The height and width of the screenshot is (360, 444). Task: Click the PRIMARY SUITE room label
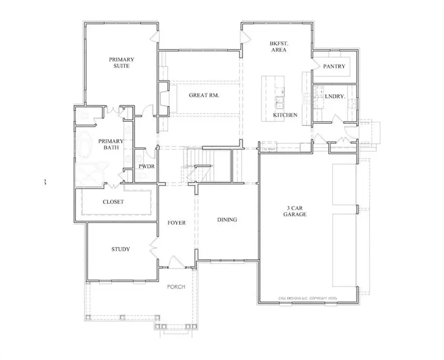coord(121,63)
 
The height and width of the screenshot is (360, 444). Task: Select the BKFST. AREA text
coord(279,46)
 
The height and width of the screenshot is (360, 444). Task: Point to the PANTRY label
coord(334,67)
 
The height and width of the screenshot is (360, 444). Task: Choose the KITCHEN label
coord(285,115)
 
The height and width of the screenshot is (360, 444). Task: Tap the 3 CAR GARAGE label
coord(295,211)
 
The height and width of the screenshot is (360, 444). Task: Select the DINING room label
coord(227,220)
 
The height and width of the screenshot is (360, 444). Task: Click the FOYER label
coord(176,223)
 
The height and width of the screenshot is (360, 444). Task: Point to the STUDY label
coord(120,249)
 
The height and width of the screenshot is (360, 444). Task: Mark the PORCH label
coord(176,287)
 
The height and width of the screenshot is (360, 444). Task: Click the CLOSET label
coord(113,202)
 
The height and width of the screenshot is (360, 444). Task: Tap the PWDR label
coord(147,166)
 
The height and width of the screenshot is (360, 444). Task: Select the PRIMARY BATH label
coord(109,144)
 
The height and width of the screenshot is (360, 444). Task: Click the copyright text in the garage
coord(307,298)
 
